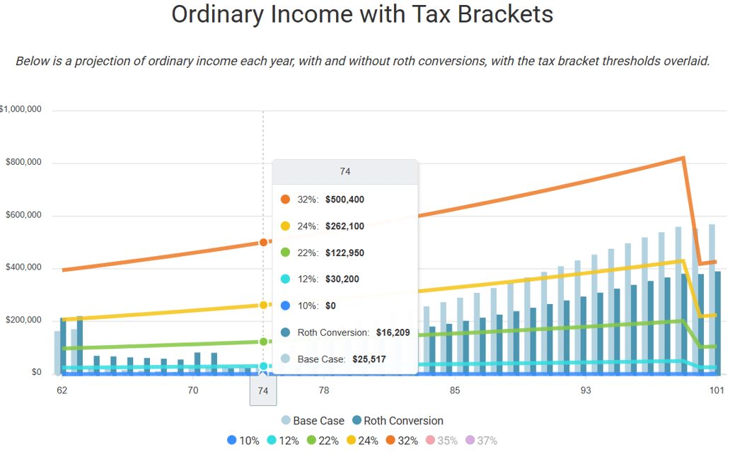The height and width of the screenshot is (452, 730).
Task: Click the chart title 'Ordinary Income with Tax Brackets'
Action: click(x=362, y=15)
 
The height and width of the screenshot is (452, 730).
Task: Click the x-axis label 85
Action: click(x=455, y=390)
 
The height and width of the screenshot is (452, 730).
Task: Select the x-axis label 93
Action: click(x=586, y=390)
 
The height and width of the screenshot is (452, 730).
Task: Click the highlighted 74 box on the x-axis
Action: click(x=263, y=390)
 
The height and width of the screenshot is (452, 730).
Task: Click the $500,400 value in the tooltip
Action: click(x=344, y=199)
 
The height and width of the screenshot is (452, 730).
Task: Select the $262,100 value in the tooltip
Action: click(x=344, y=226)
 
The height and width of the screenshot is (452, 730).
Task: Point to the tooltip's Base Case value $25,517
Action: click(x=366, y=359)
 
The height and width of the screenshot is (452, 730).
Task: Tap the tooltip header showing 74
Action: click(x=345, y=172)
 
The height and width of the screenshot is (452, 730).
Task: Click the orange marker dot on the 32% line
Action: click(x=263, y=242)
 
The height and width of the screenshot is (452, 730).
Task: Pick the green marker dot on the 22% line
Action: click(x=263, y=342)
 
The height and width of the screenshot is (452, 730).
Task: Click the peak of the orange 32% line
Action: click(x=683, y=158)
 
